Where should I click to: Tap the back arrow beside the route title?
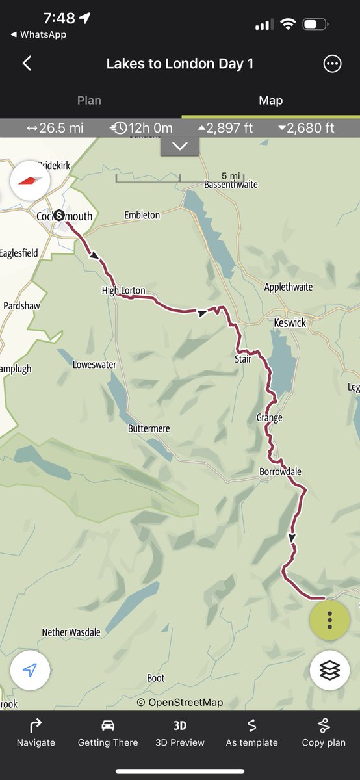point(27,63)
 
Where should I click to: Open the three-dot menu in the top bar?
point(332,64)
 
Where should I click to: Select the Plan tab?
point(89,100)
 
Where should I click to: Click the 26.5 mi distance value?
point(55,128)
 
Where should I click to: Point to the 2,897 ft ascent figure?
point(225,128)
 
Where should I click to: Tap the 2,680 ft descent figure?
point(306,128)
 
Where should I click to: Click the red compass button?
point(30,179)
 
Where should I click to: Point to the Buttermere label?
point(149,429)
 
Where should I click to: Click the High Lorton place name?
point(123,291)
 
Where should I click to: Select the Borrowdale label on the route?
point(280,471)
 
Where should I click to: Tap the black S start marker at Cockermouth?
point(59,215)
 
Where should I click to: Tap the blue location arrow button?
point(30,671)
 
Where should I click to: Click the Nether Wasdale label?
point(71,632)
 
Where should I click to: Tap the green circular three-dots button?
point(329,620)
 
